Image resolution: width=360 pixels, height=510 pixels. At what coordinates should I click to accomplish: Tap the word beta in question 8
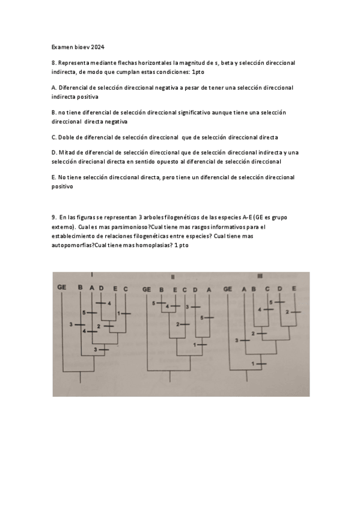231,63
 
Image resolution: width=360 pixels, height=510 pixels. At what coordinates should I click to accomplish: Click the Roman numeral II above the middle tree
173,277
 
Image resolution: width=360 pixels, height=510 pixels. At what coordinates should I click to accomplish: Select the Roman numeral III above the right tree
260,277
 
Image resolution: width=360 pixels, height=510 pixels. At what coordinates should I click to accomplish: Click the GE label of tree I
61,287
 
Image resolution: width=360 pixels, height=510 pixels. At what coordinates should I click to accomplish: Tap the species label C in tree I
126,288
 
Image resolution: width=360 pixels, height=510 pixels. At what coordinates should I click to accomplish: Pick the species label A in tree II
209,289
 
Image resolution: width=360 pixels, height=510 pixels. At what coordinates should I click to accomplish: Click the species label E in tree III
294,289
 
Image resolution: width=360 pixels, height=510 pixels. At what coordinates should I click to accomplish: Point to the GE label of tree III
228,289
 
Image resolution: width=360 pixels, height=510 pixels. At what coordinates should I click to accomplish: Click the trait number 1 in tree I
120,313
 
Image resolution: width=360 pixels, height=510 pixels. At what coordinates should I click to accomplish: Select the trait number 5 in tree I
85,313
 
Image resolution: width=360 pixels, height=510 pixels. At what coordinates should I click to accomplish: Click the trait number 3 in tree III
236,340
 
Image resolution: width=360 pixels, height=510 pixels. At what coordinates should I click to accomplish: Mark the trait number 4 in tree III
260,309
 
